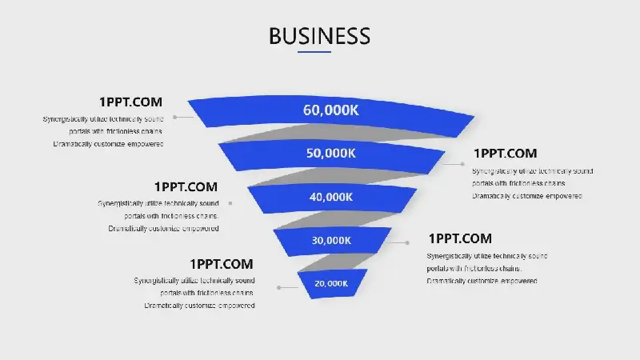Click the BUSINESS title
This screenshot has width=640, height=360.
pyautogui.click(x=319, y=36)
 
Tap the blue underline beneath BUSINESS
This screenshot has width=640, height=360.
pyautogui.click(x=314, y=52)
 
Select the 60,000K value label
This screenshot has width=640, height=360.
pyautogui.click(x=330, y=110)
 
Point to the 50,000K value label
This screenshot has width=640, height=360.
pyautogui.click(x=330, y=153)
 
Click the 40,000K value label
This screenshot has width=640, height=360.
pyautogui.click(x=330, y=197)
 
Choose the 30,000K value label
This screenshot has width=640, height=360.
pyautogui.click(x=331, y=241)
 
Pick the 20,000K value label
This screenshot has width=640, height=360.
pyautogui.click(x=331, y=283)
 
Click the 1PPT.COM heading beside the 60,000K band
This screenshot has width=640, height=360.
pyautogui.click(x=130, y=102)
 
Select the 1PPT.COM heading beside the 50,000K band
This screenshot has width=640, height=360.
pyautogui.click(x=506, y=154)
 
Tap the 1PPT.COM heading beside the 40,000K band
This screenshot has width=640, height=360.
pyautogui.click(x=186, y=187)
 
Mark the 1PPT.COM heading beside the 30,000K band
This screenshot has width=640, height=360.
pyautogui.click(x=460, y=238)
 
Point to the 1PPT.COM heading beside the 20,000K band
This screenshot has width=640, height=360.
pyautogui.click(x=222, y=264)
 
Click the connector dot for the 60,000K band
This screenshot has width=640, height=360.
pyautogui.click(x=174, y=117)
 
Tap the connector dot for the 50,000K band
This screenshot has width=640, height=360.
pyautogui.click(x=462, y=164)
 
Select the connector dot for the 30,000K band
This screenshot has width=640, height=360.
pyautogui.click(x=407, y=242)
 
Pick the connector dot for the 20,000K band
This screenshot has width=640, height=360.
pyautogui.click(x=278, y=287)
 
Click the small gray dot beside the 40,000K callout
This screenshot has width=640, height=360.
pyautogui.click(x=230, y=203)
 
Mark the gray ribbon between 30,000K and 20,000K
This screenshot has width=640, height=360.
pyautogui.click(x=337, y=262)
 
